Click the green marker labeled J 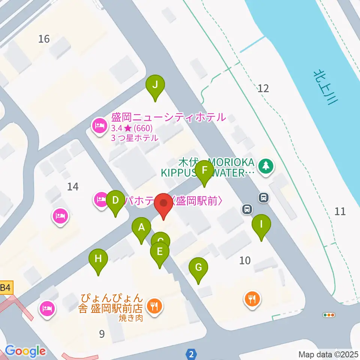[x=155, y=85]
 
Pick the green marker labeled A [x=141, y=228]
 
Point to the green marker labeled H [x=98, y=259]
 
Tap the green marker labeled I [x=261, y=225]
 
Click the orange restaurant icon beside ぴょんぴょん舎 [x=154, y=305]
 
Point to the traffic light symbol [x=329, y=315]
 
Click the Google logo [x=25, y=351]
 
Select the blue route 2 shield [x=192, y=354]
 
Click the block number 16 [x=44, y=39]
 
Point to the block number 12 [x=263, y=88]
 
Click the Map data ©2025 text [x=328, y=354]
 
